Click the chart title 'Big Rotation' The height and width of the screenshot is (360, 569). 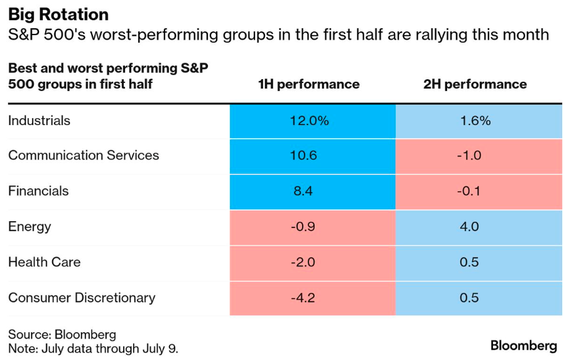point(58,14)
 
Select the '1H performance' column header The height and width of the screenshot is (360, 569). point(309,84)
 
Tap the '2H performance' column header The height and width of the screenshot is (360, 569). point(475,84)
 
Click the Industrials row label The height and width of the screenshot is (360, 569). point(39,121)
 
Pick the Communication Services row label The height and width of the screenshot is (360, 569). point(84,156)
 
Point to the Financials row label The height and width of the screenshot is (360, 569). point(38,191)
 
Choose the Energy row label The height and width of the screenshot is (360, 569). point(30,227)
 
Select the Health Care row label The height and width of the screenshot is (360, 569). point(44,262)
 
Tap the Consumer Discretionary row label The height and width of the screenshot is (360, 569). point(82,298)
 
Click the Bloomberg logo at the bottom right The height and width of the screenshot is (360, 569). point(523,346)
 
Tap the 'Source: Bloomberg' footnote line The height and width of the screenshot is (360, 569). point(62,334)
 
